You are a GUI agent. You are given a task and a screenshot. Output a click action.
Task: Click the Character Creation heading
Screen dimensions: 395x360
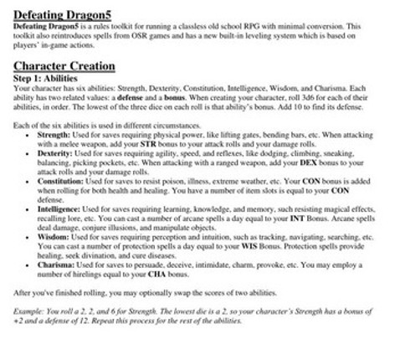click(x=64, y=65)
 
